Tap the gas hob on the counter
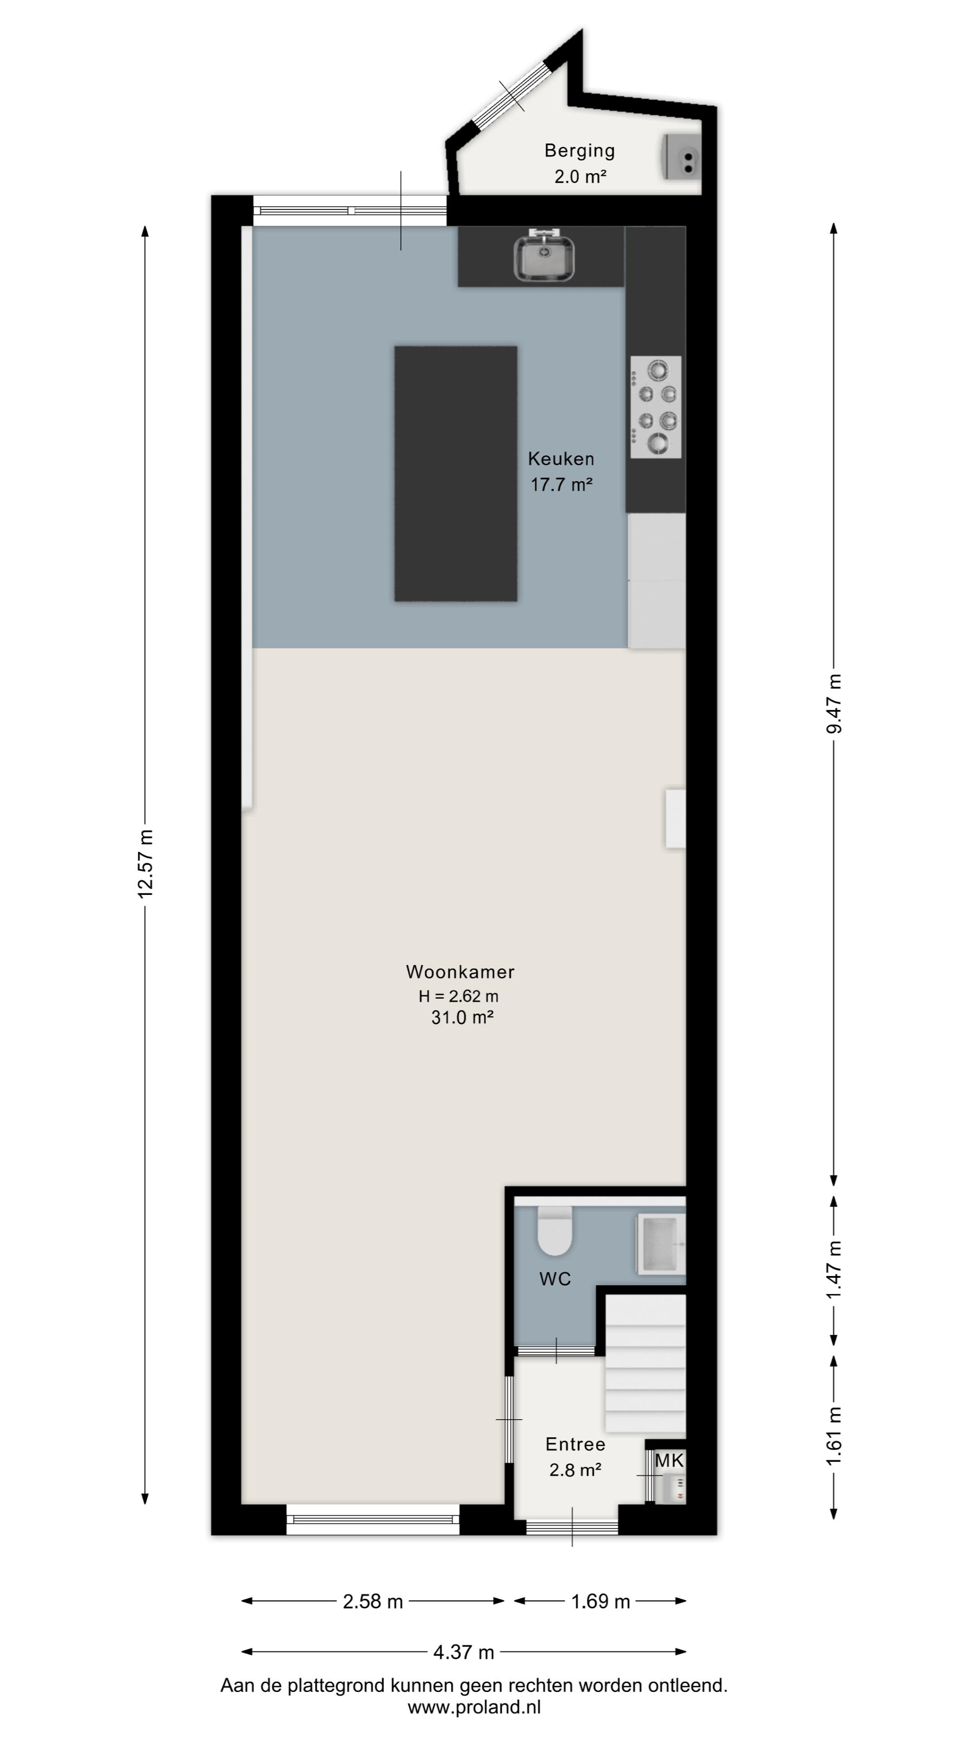click(x=655, y=406)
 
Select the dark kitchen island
click(x=456, y=474)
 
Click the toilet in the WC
click(x=555, y=1231)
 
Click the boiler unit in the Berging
click(x=682, y=157)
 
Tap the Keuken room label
click(x=561, y=459)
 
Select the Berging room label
click(x=580, y=150)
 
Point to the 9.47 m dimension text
click(x=835, y=703)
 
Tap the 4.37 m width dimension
click(x=464, y=1652)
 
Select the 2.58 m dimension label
click(x=373, y=1601)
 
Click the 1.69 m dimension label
click(x=601, y=1601)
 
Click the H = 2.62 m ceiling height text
click(x=459, y=996)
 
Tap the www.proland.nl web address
click(x=474, y=1707)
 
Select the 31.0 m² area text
click(x=462, y=1017)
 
